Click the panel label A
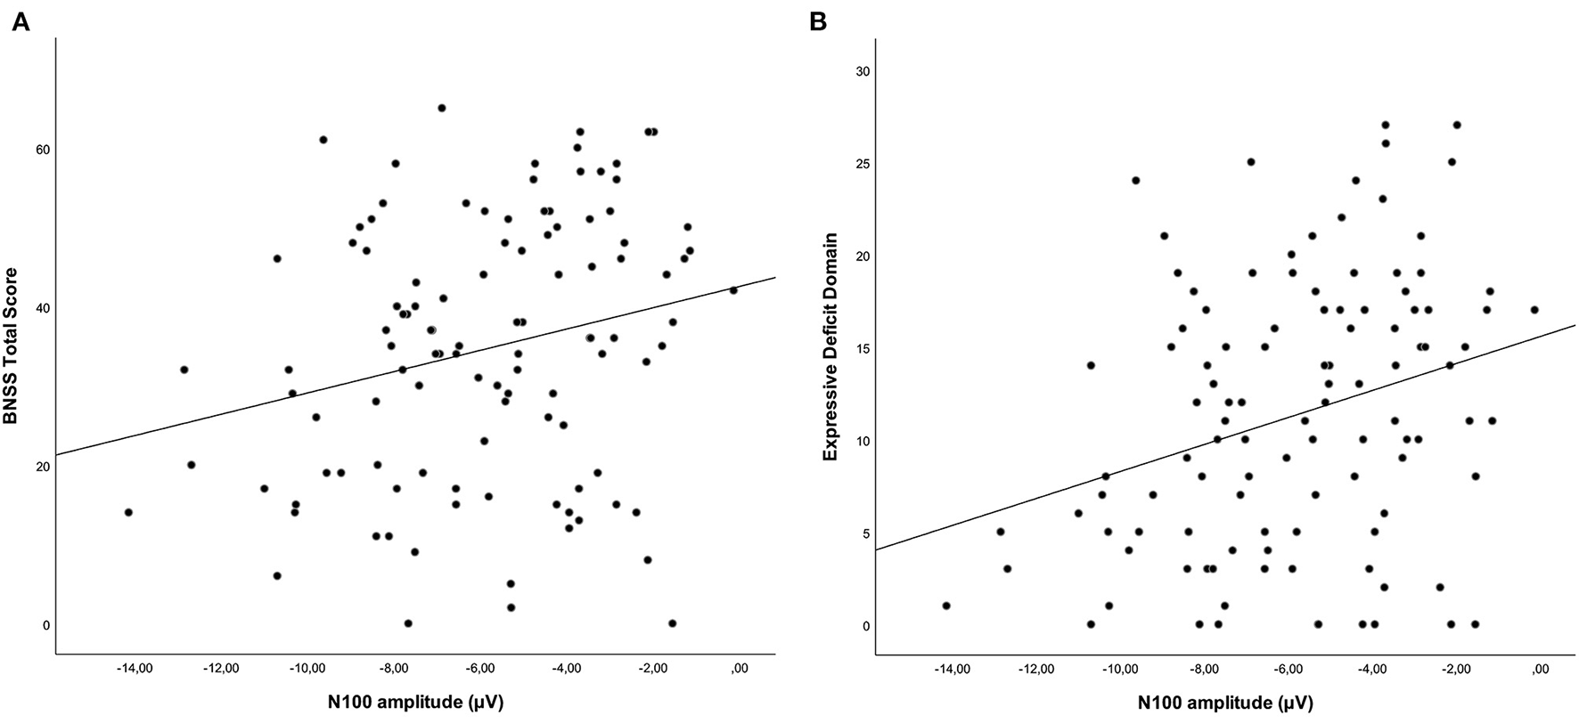20,21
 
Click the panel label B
817,21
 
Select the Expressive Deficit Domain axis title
830,346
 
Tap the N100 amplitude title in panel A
415,703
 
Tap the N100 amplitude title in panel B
1225,703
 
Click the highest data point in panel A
441,108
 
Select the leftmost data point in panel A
128,512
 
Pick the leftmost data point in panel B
946,606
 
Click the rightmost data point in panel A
733,290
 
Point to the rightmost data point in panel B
1534,310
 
